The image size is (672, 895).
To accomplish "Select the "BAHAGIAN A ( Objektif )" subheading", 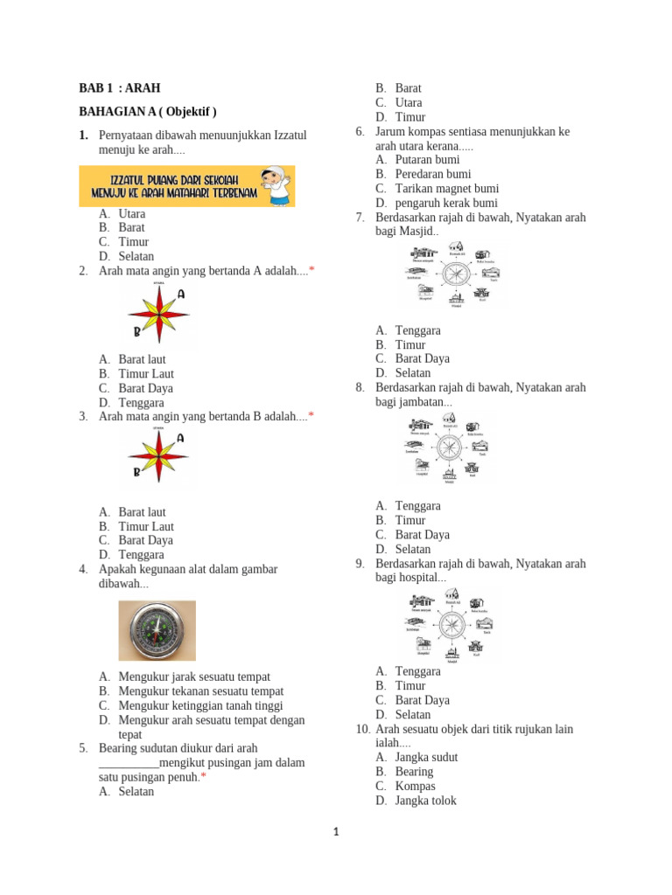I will (x=147, y=112).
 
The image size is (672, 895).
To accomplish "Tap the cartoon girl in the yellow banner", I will (x=277, y=185).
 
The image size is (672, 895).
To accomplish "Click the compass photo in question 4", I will (x=157, y=630).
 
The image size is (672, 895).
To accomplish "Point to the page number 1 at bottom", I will (x=336, y=833).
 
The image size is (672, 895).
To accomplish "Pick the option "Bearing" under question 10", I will (x=414, y=772).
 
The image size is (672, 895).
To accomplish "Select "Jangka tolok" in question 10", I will (x=425, y=801).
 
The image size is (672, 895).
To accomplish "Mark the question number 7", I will (x=360, y=218).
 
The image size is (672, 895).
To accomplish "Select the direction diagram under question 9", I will (x=451, y=626).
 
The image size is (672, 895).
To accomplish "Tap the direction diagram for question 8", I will (x=450, y=449).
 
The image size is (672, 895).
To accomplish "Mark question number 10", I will (x=362, y=729).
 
